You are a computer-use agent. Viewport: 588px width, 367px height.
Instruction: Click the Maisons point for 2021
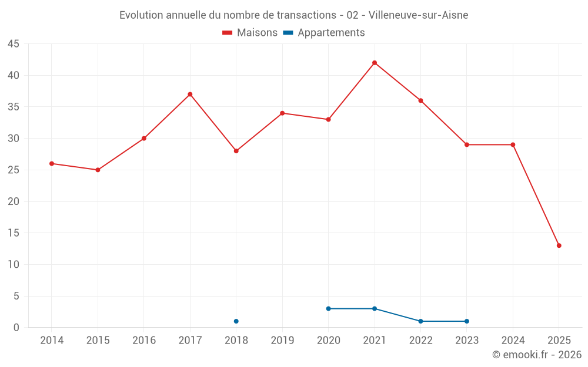pyautogui.click(x=375, y=63)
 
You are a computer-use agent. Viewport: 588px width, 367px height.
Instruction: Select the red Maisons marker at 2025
pyautogui.click(x=559, y=245)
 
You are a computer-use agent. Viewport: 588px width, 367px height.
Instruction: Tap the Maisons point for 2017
pyautogui.click(x=190, y=95)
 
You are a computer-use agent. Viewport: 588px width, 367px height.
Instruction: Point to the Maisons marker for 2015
pyautogui.click(x=98, y=170)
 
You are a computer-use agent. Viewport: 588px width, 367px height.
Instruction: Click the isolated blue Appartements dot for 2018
pyautogui.click(x=236, y=321)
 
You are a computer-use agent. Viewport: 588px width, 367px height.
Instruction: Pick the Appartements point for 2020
pyautogui.click(x=328, y=308)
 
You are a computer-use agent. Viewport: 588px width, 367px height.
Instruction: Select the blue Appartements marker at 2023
pyautogui.click(x=467, y=321)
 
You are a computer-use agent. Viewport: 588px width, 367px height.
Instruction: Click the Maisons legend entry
pyautogui.click(x=250, y=33)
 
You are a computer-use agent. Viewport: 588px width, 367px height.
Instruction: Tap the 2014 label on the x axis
pyautogui.click(x=52, y=341)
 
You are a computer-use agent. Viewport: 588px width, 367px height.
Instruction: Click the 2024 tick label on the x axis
pyautogui.click(x=513, y=341)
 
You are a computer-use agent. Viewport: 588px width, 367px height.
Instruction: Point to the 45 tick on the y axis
pyautogui.click(x=14, y=44)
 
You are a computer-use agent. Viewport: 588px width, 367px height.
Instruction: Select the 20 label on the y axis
pyautogui.click(x=14, y=201)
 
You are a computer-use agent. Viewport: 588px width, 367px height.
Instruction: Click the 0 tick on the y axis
pyautogui.click(x=16, y=328)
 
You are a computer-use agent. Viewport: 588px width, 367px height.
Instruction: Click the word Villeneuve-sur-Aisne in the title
pyautogui.click(x=418, y=15)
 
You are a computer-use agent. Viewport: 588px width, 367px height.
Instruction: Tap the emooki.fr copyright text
pyautogui.click(x=536, y=355)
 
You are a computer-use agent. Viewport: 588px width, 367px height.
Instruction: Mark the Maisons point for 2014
pyautogui.click(x=52, y=163)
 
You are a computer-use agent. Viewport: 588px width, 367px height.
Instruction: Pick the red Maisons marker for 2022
pyautogui.click(x=420, y=100)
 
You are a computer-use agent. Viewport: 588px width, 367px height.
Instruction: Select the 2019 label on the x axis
pyautogui.click(x=282, y=341)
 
